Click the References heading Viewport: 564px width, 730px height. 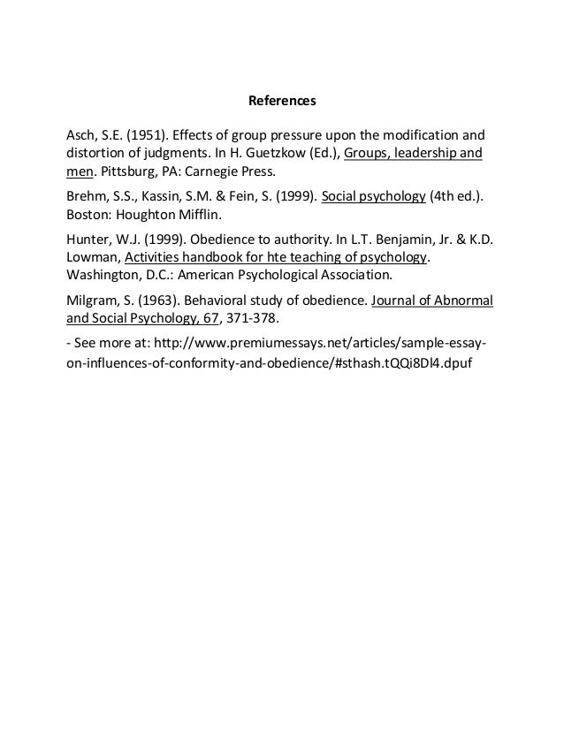point(281,102)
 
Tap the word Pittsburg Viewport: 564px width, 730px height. point(125,171)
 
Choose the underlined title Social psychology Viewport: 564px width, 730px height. point(374,196)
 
